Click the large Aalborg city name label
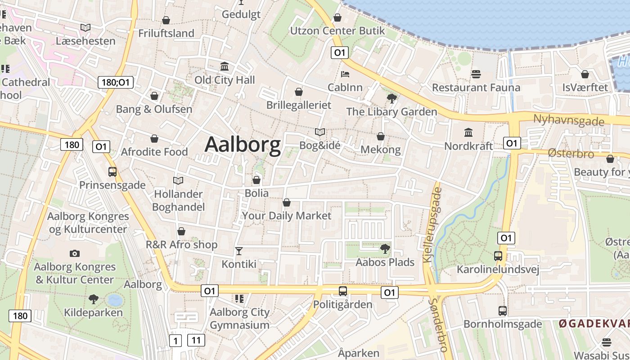243,144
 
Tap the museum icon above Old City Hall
225,67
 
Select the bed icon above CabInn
345,74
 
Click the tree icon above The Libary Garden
391,98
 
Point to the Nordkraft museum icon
468,132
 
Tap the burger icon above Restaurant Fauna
476,74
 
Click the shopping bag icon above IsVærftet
585,74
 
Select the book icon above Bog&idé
320,132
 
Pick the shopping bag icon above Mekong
381,136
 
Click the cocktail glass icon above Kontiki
239,251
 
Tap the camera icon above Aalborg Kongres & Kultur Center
75,253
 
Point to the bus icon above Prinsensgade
112,171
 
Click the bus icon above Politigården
343,291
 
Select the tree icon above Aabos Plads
385,248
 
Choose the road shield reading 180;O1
116,82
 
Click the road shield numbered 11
196,340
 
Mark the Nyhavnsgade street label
568,120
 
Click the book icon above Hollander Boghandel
178,180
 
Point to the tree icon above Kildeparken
94,299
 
